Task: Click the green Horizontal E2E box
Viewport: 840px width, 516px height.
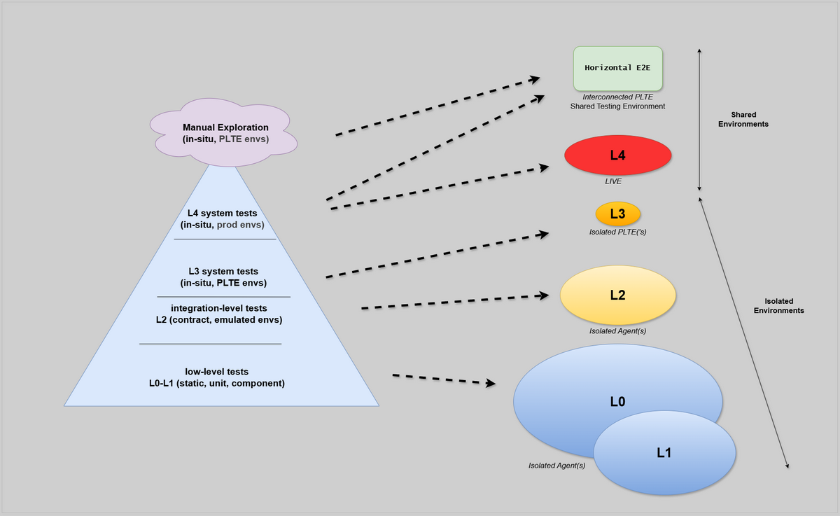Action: [x=617, y=68]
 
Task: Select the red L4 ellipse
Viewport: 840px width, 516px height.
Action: [x=617, y=155]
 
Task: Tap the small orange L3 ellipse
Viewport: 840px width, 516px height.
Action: [x=617, y=214]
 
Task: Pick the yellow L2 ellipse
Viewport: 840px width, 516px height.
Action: [x=617, y=295]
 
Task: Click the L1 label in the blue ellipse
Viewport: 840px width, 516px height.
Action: [x=664, y=453]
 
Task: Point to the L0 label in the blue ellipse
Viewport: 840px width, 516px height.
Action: [x=617, y=402]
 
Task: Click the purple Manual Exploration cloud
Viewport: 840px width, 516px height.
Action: [x=225, y=133]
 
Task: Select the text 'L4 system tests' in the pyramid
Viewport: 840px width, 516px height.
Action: [x=222, y=213]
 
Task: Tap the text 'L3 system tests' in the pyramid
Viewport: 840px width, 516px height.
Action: [x=223, y=271]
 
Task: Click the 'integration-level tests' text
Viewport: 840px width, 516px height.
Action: [x=218, y=308]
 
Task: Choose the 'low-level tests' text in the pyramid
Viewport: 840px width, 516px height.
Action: [x=216, y=372]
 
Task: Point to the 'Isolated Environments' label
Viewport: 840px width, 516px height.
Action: [x=778, y=305]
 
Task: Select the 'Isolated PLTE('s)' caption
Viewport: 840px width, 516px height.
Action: [x=617, y=231]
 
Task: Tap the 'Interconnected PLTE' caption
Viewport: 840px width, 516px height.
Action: [x=617, y=97]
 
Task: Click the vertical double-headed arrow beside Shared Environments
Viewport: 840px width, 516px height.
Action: [x=699, y=119]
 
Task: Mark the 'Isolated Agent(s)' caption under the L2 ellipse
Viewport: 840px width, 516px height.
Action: [x=617, y=330]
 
